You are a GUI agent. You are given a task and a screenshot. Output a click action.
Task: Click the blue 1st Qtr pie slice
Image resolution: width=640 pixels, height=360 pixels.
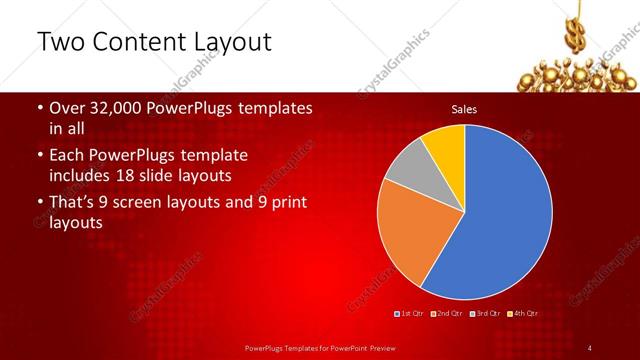coord(505,215)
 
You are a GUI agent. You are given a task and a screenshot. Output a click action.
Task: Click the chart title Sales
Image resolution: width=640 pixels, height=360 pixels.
coord(464,108)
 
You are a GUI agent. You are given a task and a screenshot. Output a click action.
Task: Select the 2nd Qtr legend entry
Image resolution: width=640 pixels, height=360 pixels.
coord(450,315)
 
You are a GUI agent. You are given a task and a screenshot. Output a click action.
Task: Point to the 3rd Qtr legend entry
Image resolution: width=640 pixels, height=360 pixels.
coord(487,315)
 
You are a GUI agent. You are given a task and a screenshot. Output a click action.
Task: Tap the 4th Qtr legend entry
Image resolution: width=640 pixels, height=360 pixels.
coord(524,315)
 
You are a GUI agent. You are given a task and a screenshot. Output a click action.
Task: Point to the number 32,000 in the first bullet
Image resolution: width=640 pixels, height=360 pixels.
coord(124,108)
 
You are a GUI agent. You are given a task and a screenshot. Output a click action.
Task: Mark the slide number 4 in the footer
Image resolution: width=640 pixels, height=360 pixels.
coord(590,347)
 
